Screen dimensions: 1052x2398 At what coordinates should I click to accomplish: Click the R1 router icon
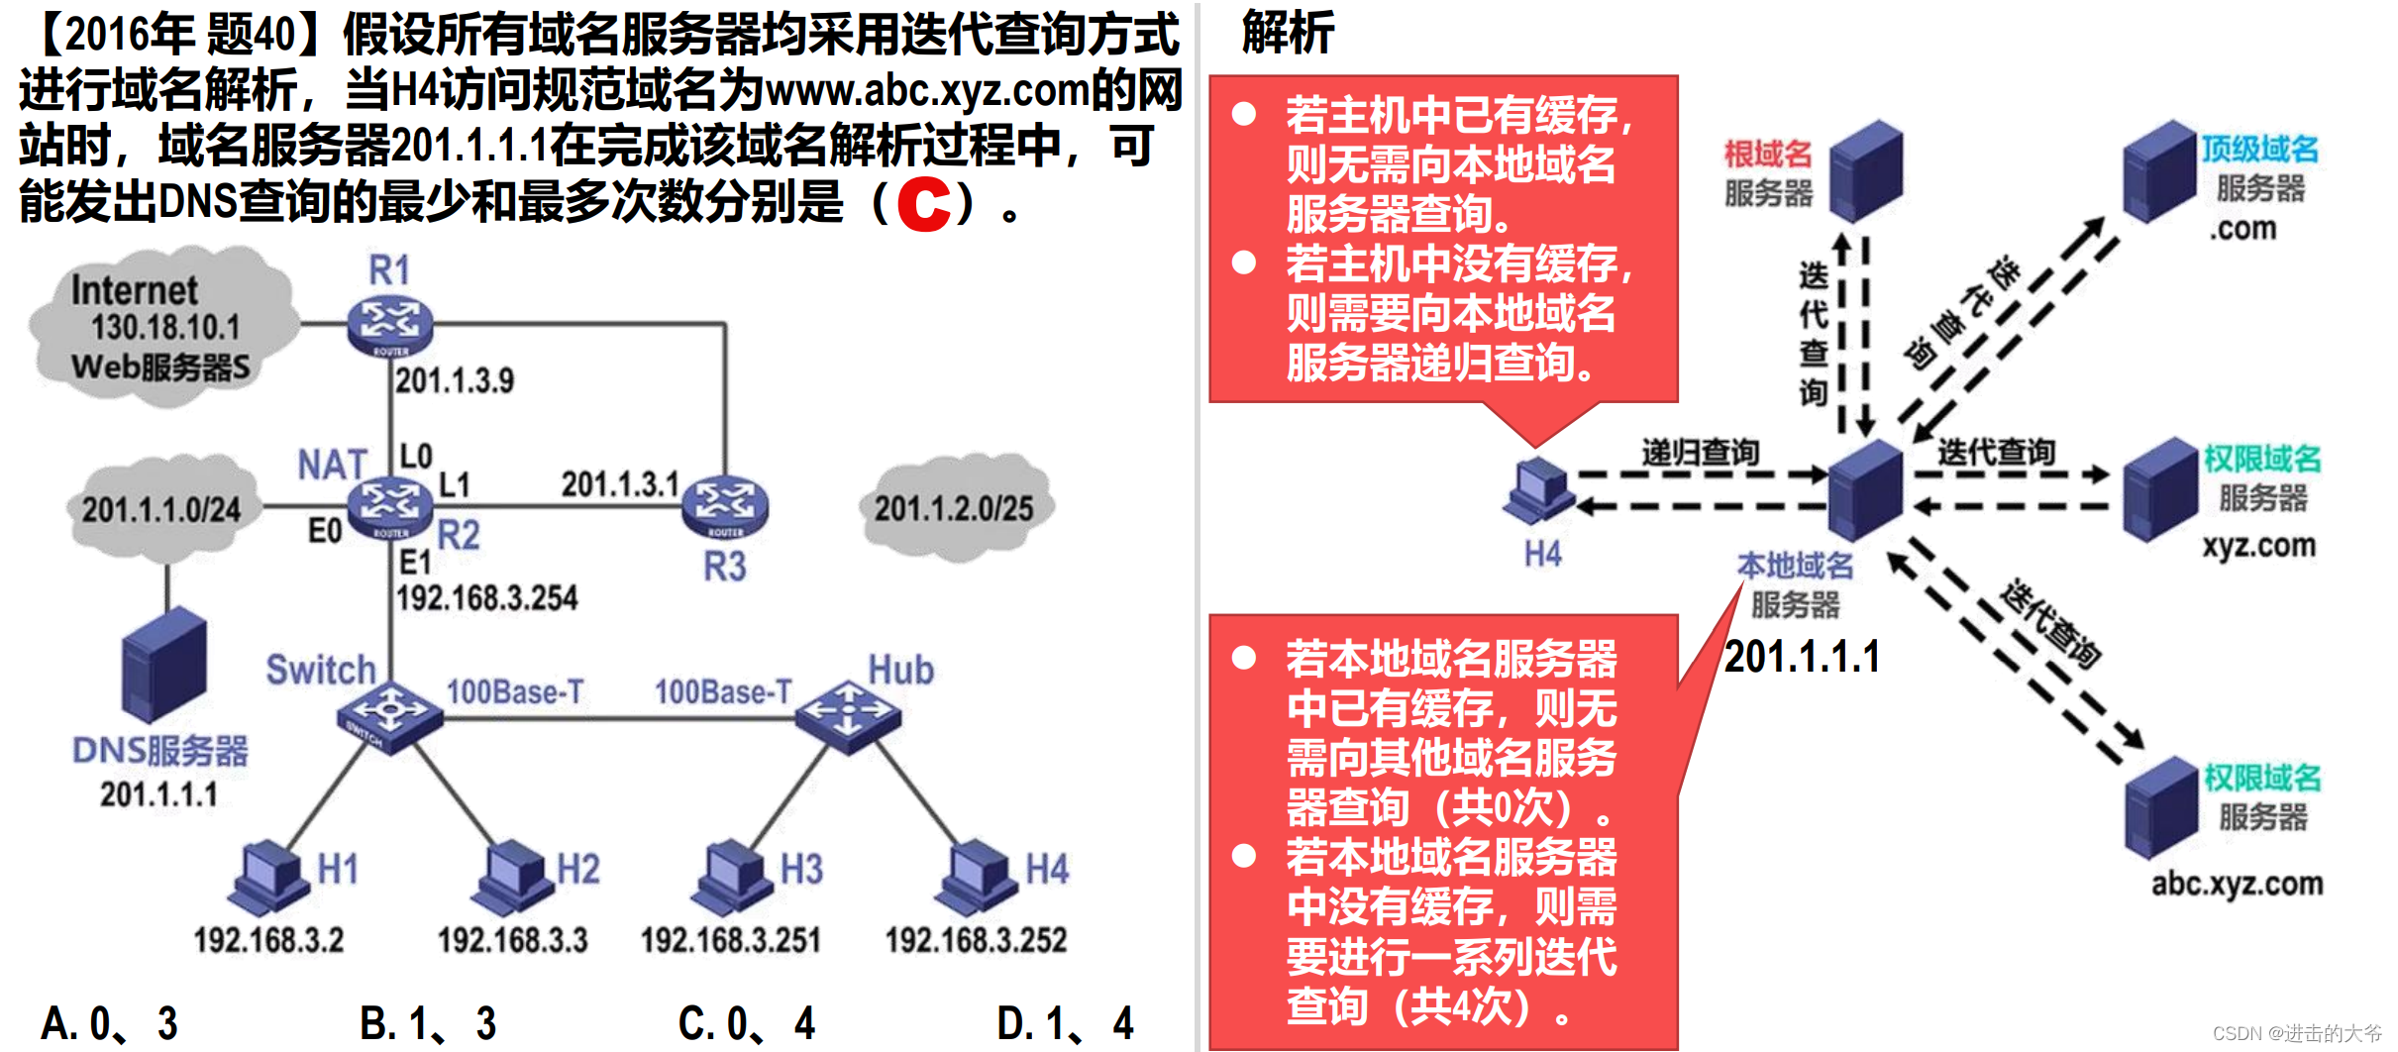[x=390, y=323]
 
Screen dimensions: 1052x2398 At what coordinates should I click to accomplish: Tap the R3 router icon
[x=725, y=505]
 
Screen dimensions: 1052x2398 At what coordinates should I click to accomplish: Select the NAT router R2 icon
[x=390, y=504]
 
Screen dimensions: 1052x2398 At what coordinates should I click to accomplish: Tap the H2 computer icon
[x=511, y=878]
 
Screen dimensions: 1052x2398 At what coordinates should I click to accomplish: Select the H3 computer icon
[x=733, y=878]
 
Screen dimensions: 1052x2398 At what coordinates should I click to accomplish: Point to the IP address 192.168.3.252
[x=976, y=940]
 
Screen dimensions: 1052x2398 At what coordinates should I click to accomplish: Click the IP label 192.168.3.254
[x=486, y=598]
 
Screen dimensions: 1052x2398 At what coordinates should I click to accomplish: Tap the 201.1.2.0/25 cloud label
[x=953, y=509]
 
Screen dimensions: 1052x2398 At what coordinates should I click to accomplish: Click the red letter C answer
[x=923, y=204]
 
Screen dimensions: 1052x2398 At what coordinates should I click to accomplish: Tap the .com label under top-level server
[x=2242, y=229]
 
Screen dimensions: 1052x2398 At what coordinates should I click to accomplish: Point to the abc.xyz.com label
[x=2237, y=884]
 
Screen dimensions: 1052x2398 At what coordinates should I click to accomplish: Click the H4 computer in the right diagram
[x=1538, y=491]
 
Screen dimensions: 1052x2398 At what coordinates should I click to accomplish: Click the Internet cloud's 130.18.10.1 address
[x=165, y=328]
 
